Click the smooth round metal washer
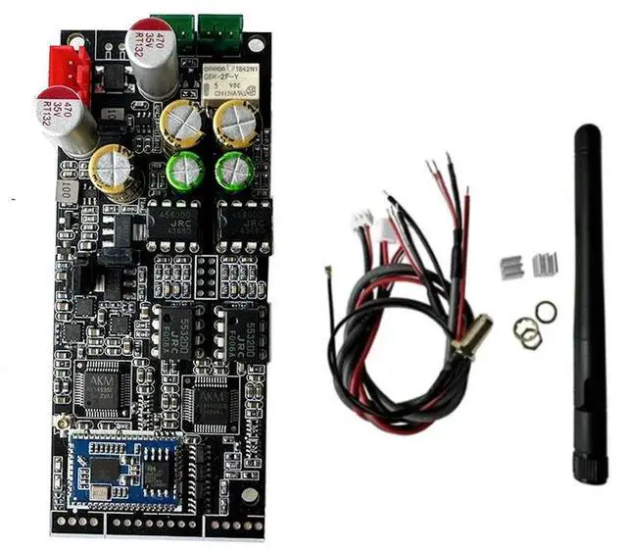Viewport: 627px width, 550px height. click(547, 312)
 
